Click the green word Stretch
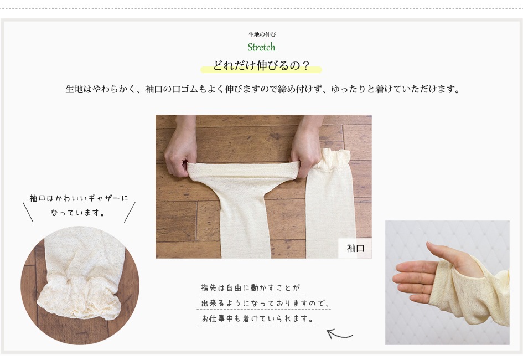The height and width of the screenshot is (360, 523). pos(261,47)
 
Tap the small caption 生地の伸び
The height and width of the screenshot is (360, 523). pos(262,34)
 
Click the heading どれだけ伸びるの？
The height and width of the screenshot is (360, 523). pos(261,65)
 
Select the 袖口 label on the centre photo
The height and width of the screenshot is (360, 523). pos(355,248)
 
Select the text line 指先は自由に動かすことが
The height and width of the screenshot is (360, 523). pos(251,287)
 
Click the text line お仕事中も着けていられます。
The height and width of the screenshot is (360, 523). pos(258,318)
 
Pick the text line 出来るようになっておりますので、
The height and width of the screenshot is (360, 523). pos(265,303)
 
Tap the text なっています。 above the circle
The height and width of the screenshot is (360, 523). pos(79,213)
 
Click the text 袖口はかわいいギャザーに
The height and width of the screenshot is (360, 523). pos(79,198)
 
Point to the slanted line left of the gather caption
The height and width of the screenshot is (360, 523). pos(28,212)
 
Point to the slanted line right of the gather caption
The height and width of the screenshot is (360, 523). pos(130,212)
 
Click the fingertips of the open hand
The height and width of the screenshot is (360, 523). pos(400,280)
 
